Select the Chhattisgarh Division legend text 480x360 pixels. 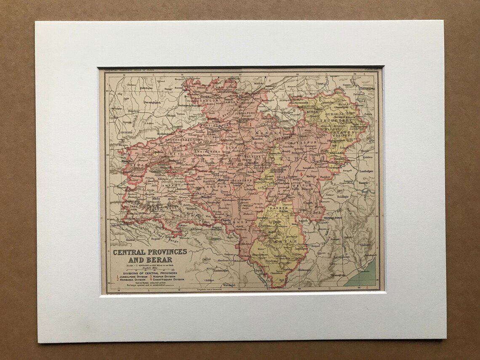pyautogui.click(x=168, y=279)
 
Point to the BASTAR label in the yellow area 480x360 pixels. pyautogui.click(x=278, y=242)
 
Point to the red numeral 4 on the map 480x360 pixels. pyautogui.click(x=301, y=174)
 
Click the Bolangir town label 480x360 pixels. pyautogui.click(x=343, y=197)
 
